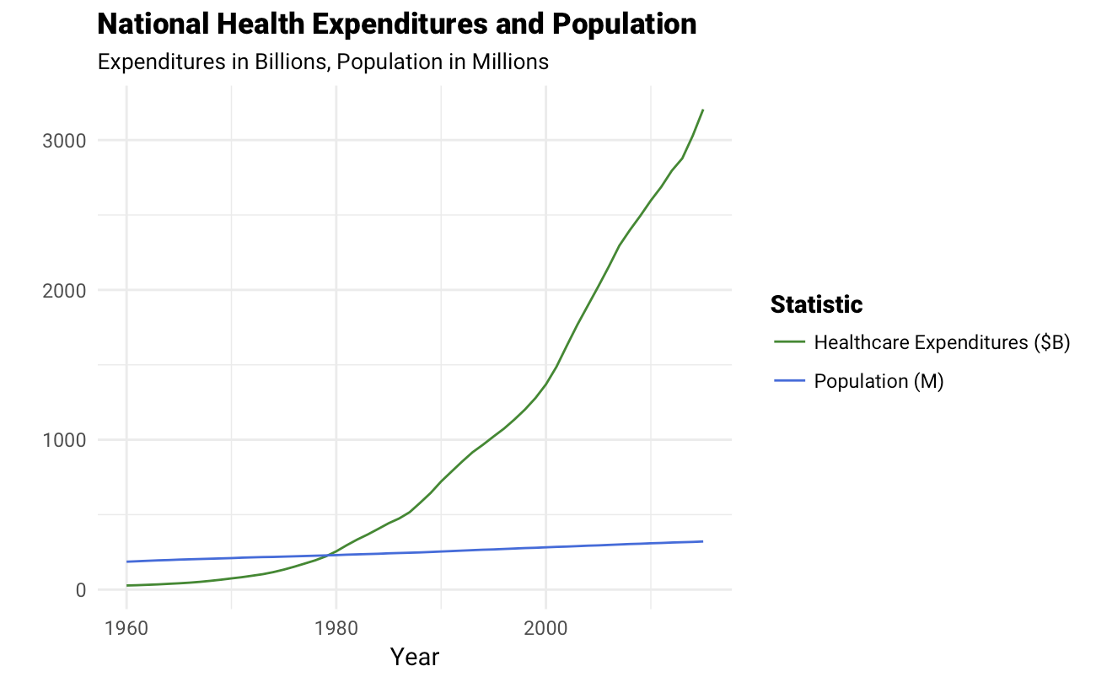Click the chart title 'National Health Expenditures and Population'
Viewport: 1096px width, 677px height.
tap(397, 24)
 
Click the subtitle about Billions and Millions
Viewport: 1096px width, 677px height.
tap(323, 62)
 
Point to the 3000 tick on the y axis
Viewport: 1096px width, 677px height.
tap(64, 141)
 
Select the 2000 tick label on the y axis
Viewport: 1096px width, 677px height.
tap(64, 290)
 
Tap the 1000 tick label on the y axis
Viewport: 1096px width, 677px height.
tap(64, 440)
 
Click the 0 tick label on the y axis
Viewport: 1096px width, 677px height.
tap(80, 590)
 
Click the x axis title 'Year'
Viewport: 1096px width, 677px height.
tap(415, 657)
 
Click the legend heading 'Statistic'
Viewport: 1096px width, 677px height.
tap(816, 304)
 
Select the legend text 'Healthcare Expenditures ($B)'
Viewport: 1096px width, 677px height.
tap(942, 342)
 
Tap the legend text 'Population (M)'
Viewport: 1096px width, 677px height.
tap(878, 381)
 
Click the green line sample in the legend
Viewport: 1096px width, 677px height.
tap(789, 342)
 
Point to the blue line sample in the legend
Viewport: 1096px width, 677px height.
tap(789, 381)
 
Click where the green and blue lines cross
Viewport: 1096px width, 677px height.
tap(327, 555)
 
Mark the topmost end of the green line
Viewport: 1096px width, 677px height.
tap(702, 110)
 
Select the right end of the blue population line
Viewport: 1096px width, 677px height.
tap(702, 541)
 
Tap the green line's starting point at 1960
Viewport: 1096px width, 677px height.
tap(126, 585)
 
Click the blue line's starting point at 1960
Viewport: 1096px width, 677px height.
tap(126, 561)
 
